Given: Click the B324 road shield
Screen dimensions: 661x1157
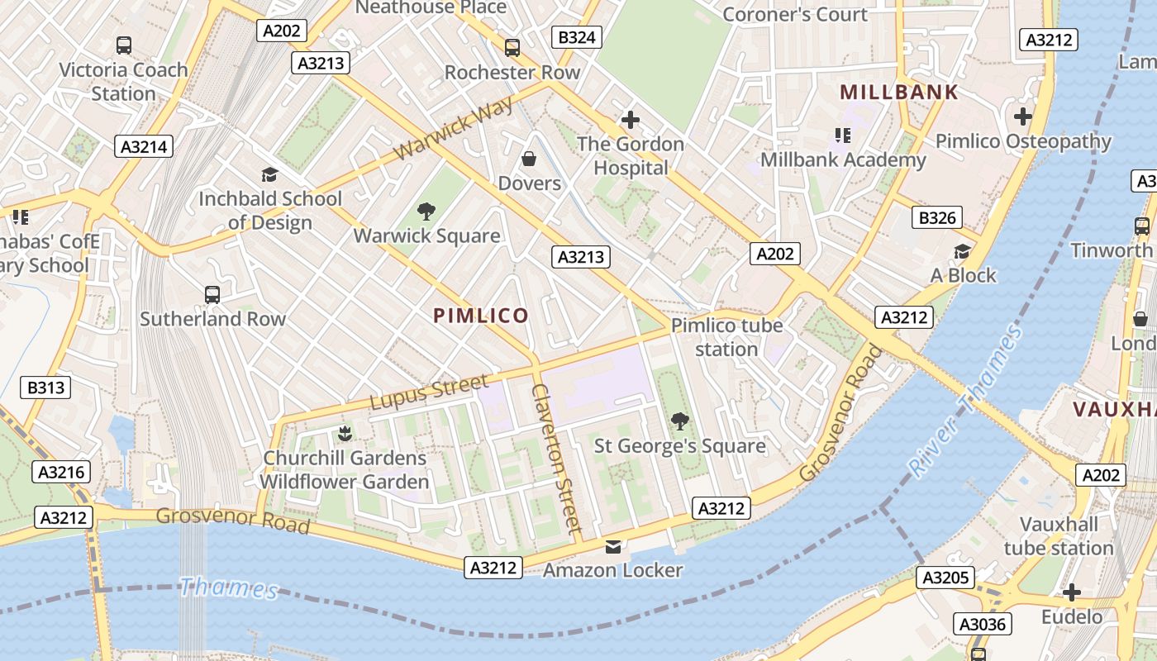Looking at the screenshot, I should pos(576,37).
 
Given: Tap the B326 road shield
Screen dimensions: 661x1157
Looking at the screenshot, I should pos(937,218).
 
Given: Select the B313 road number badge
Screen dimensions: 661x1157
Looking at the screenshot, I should pos(45,388).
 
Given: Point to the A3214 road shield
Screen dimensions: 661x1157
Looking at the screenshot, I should pos(144,147).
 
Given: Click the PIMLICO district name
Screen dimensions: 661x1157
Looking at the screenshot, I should pos(481,316).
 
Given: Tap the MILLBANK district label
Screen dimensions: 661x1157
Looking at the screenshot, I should pos(899,93).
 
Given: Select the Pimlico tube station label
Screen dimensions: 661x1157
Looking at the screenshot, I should pos(726,337).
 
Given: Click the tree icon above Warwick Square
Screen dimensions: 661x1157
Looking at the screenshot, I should pos(426,212).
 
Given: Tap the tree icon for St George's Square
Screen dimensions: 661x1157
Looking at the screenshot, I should pos(679,421).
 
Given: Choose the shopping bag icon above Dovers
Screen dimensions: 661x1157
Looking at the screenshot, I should pos(529,159).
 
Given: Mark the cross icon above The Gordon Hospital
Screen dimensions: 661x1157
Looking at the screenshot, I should pos(631,120).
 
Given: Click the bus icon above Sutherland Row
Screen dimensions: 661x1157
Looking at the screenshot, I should pos(212,294).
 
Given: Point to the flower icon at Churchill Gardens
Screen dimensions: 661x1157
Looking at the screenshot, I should pos(345,433).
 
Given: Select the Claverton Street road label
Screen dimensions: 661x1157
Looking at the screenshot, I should pos(557,458).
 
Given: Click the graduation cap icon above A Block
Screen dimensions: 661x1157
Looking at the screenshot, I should pos(962,251).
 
